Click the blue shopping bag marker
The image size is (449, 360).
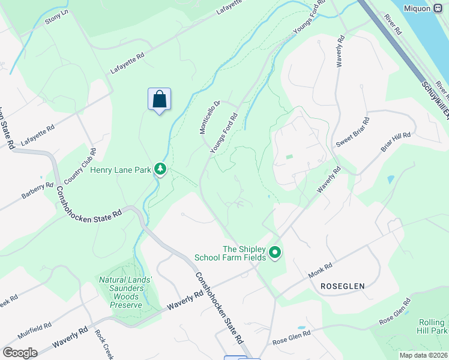click(x=159, y=100)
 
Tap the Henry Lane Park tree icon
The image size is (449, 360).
click(x=160, y=170)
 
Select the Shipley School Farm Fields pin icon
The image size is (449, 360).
click(x=275, y=253)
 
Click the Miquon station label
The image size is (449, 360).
click(x=418, y=8)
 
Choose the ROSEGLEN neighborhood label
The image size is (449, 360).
click(x=342, y=286)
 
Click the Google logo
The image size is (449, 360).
click(x=20, y=352)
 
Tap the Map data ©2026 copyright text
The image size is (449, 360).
click(x=423, y=355)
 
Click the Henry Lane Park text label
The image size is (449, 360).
click(x=121, y=170)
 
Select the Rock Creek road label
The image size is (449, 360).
click(x=103, y=344)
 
